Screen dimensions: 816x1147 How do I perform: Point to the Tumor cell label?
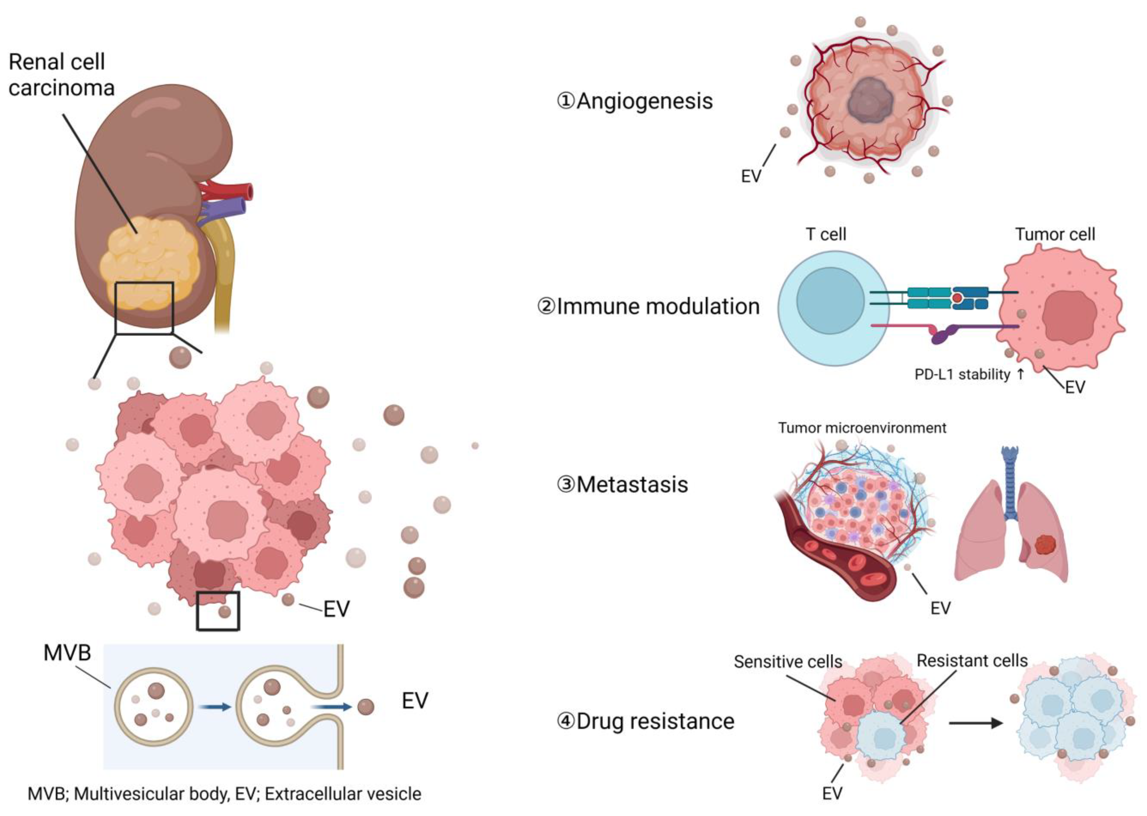tap(1055, 234)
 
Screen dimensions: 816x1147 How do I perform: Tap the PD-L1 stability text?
tap(962, 374)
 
